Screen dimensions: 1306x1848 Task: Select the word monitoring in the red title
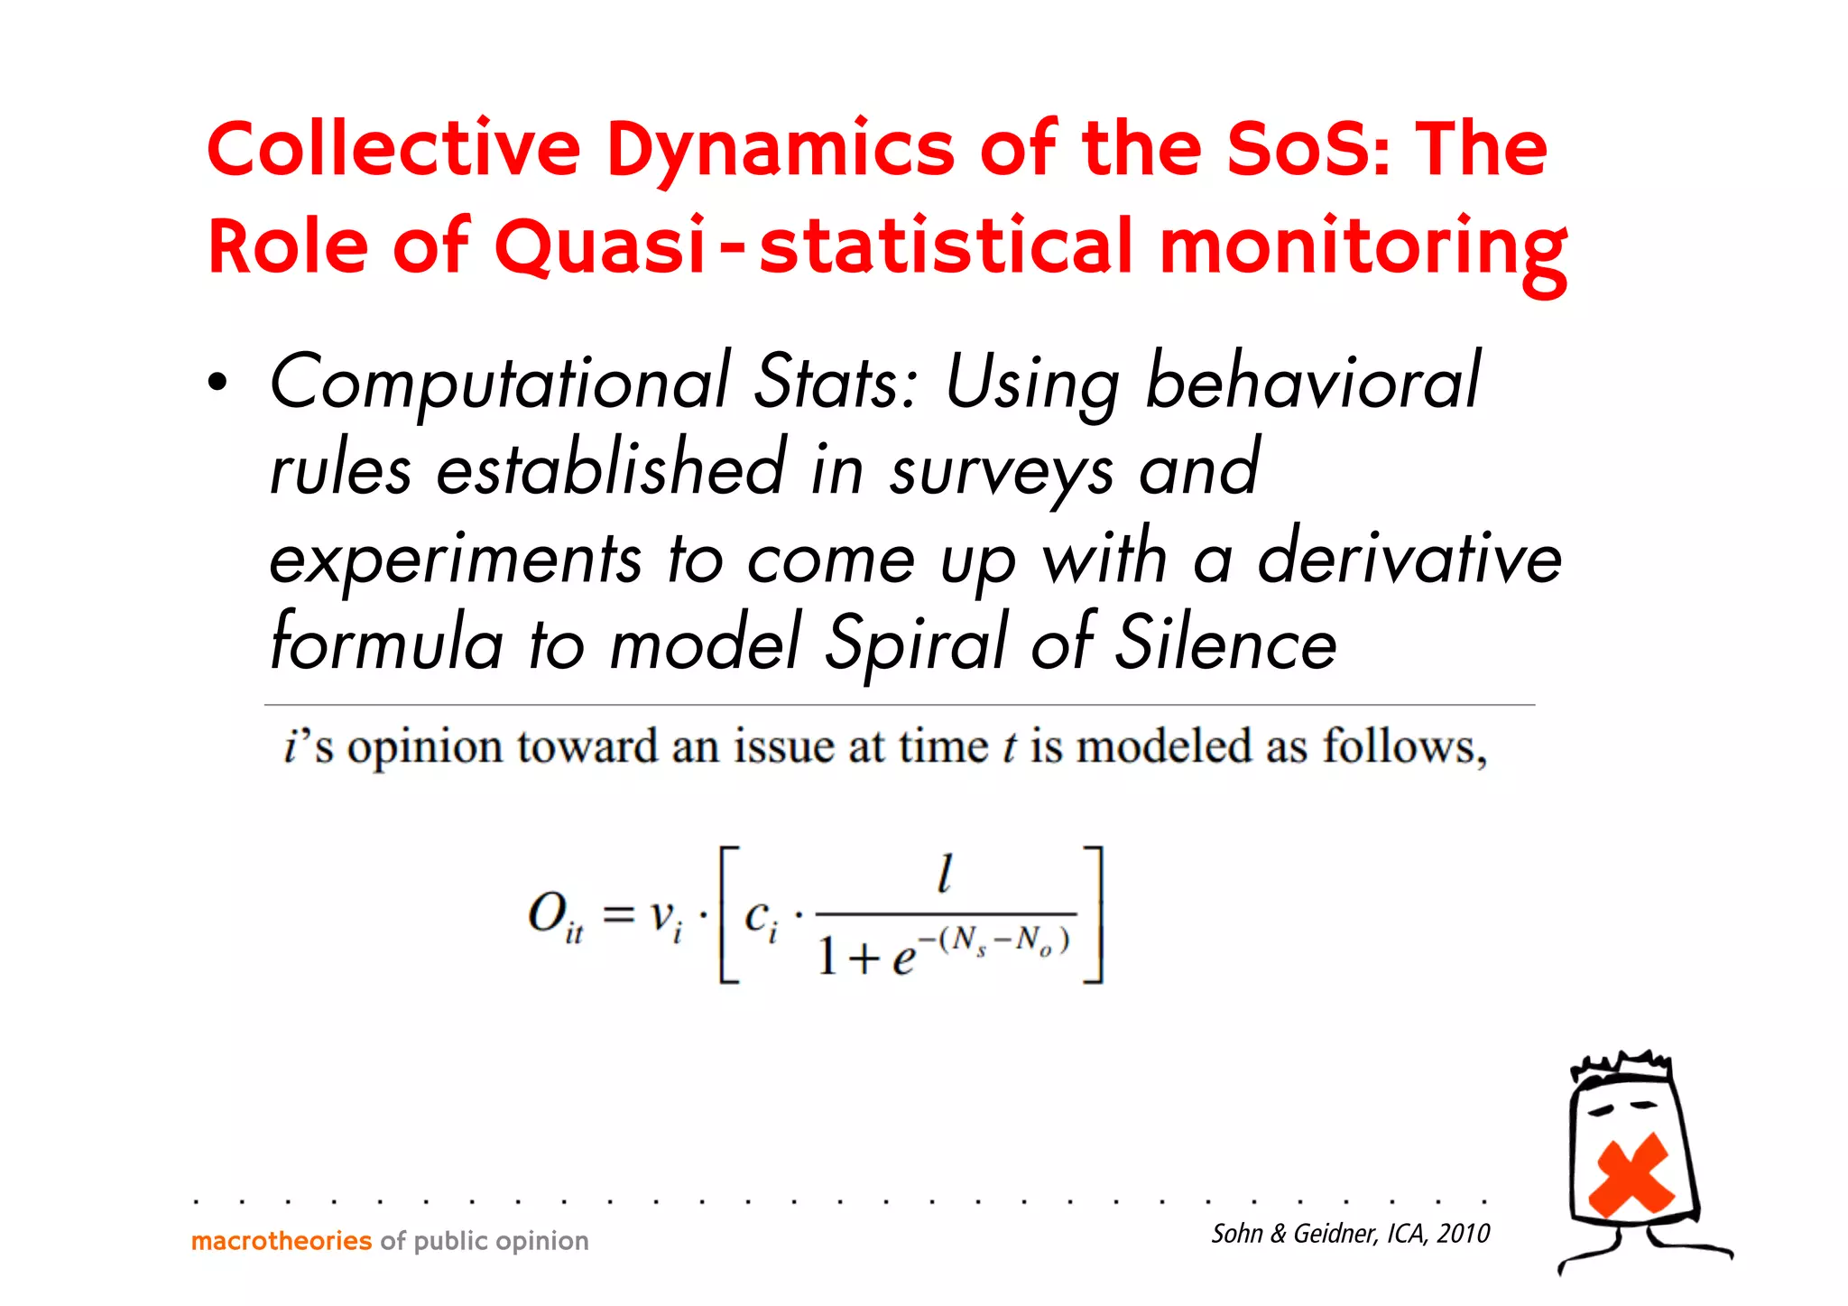pyautogui.click(x=1363, y=249)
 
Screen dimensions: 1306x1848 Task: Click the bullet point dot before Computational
pyautogui.click(x=217, y=384)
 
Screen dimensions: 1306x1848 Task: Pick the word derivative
pyautogui.click(x=1409, y=559)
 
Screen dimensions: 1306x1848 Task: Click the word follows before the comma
pyautogui.click(x=1399, y=747)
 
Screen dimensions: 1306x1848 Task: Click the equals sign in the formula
pyautogui.click(x=619, y=915)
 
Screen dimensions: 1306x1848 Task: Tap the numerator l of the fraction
pyautogui.click(x=944, y=874)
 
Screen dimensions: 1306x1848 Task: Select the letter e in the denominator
pyautogui.click(x=902, y=959)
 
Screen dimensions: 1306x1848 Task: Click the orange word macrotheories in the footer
pyautogui.click(x=281, y=1241)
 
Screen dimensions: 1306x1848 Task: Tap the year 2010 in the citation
pyautogui.click(x=1463, y=1234)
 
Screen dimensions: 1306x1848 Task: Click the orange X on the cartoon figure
pyautogui.click(x=1631, y=1175)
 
